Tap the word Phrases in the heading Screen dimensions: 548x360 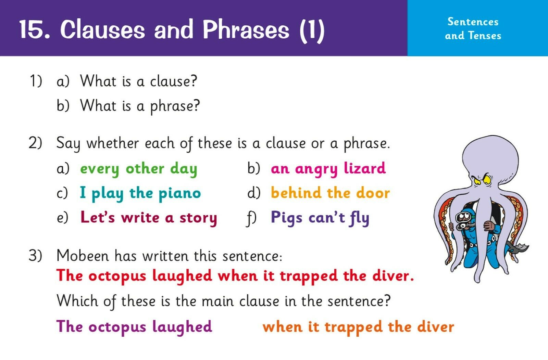click(246, 29)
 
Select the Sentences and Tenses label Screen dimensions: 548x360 click(473, 29)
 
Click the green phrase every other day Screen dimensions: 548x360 click(139, 169)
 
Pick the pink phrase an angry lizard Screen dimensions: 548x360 click(328, 169)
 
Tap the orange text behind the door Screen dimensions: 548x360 click(330, 193)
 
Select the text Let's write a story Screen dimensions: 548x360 click(149, 218)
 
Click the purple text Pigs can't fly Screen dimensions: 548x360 click(320, 218)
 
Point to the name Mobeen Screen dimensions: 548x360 click(83, 256)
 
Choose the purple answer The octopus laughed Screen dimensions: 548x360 click(134, 327)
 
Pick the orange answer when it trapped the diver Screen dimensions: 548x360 click(358, 327)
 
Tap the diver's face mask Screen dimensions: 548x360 click(462, 217)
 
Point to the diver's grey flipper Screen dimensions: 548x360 click(518, 249)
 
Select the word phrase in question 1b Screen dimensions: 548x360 click(175, 106)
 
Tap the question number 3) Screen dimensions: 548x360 click(35, 256)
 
